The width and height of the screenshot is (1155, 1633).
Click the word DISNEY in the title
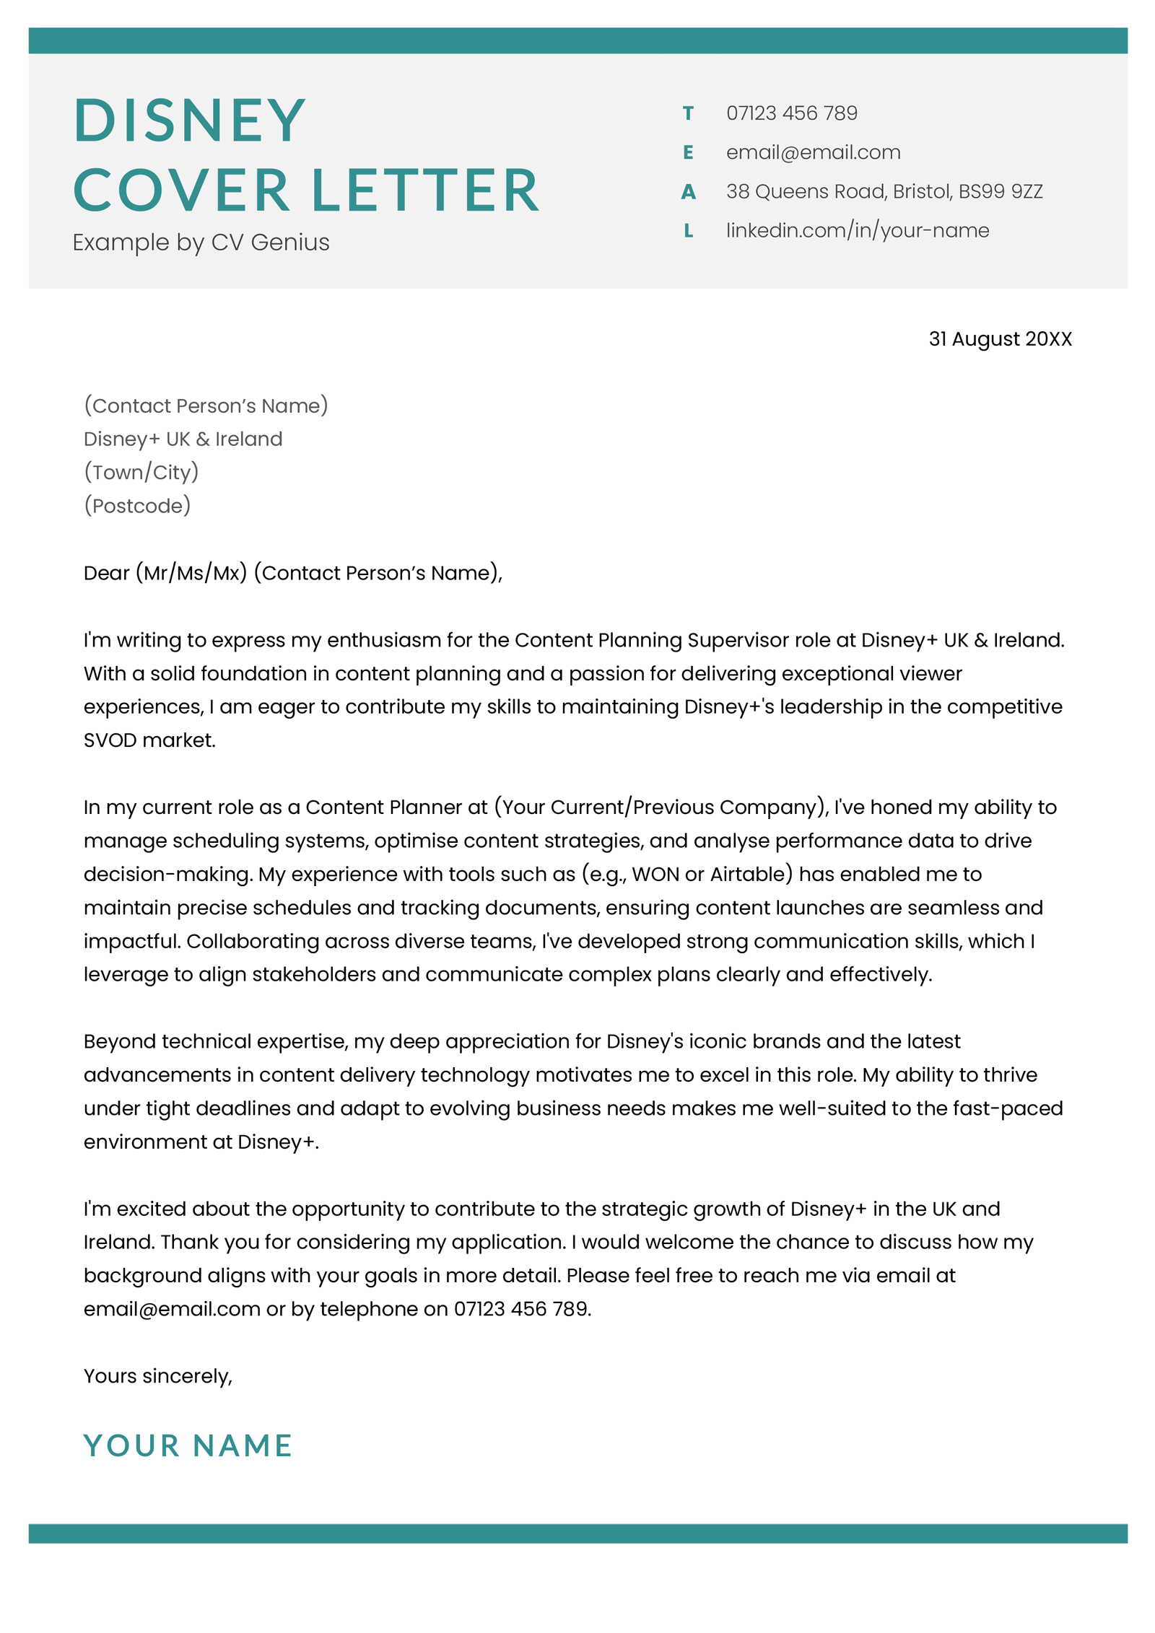189,120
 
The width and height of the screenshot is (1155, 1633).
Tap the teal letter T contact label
687,113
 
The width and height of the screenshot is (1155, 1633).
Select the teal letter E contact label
687,152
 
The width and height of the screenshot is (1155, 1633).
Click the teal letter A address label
687,191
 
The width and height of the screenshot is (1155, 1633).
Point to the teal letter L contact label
687,230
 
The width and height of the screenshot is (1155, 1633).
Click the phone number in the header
791,113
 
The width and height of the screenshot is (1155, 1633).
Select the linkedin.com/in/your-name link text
857,230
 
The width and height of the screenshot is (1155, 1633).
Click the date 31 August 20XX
999,338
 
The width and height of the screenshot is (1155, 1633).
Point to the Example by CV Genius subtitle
201,242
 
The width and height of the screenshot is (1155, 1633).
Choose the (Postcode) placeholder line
137,505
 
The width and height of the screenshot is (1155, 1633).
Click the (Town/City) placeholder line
141,472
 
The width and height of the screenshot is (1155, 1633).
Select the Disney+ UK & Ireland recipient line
183,439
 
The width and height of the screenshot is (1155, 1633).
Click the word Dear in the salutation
106,573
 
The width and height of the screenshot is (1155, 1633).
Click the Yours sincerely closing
157,1376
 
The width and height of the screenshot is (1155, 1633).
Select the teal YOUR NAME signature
188,1445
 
